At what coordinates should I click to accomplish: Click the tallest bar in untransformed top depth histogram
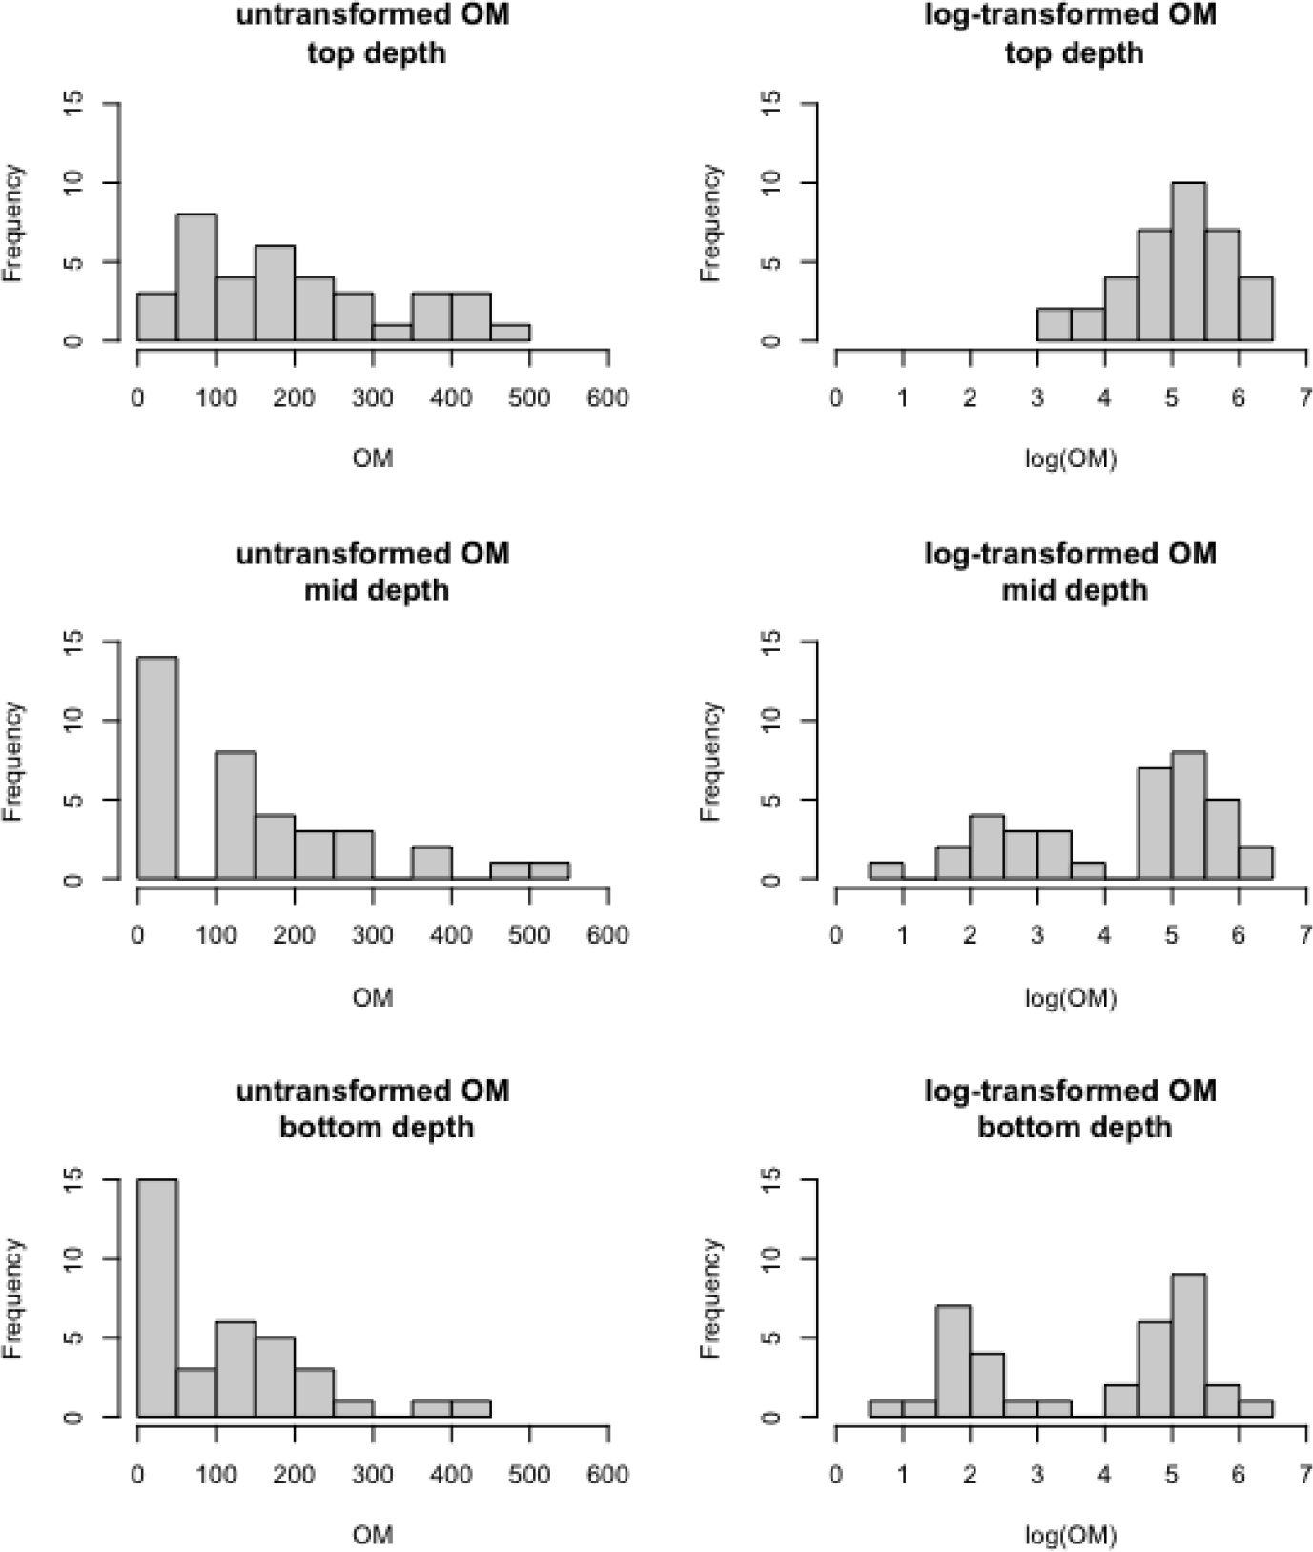tap(196, 277)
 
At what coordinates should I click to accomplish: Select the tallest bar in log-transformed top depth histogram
tap(1188, 262)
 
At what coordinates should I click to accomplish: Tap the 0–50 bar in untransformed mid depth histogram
tap(157, 767)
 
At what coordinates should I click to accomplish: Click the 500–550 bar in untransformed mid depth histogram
tap(549, 871)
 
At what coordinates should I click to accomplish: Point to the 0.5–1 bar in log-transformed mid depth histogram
tap(886, 871)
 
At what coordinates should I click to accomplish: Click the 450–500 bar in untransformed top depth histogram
tap(510, 333)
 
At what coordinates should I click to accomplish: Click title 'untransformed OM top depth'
tap(373, 33)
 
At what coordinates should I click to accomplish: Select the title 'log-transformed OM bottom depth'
tap(1072, 1109)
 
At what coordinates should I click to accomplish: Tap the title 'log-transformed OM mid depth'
tap(1072, 571)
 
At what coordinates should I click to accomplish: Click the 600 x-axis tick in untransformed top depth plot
tap(608, 398)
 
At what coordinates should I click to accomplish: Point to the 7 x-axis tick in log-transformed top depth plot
tap(1305, 398)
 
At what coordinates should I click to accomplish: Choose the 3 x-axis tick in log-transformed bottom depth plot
tap(1037, 1475)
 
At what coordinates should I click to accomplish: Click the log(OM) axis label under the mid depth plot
tap(1071, 998)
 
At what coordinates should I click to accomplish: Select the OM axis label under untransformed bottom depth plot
tap(373, 1535)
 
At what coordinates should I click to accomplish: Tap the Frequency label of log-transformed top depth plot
tap(709, 222)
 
